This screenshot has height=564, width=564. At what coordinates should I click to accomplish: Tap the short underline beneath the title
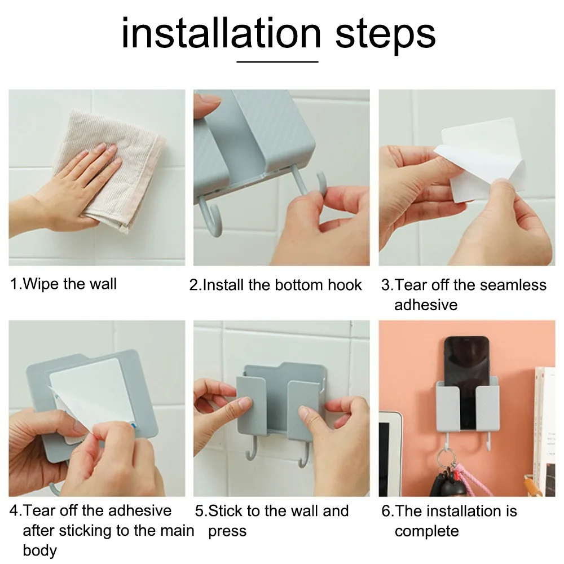click(277, 61)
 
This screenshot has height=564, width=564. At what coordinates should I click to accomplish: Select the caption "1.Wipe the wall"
click(63, 284)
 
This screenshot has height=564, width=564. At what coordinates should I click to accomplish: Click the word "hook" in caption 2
click(345, 285)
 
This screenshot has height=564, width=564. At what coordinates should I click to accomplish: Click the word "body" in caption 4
click(40, 550)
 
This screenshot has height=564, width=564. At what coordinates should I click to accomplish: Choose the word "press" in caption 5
click(227, 531)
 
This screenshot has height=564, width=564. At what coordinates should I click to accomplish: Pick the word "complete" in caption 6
click(426, 531)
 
